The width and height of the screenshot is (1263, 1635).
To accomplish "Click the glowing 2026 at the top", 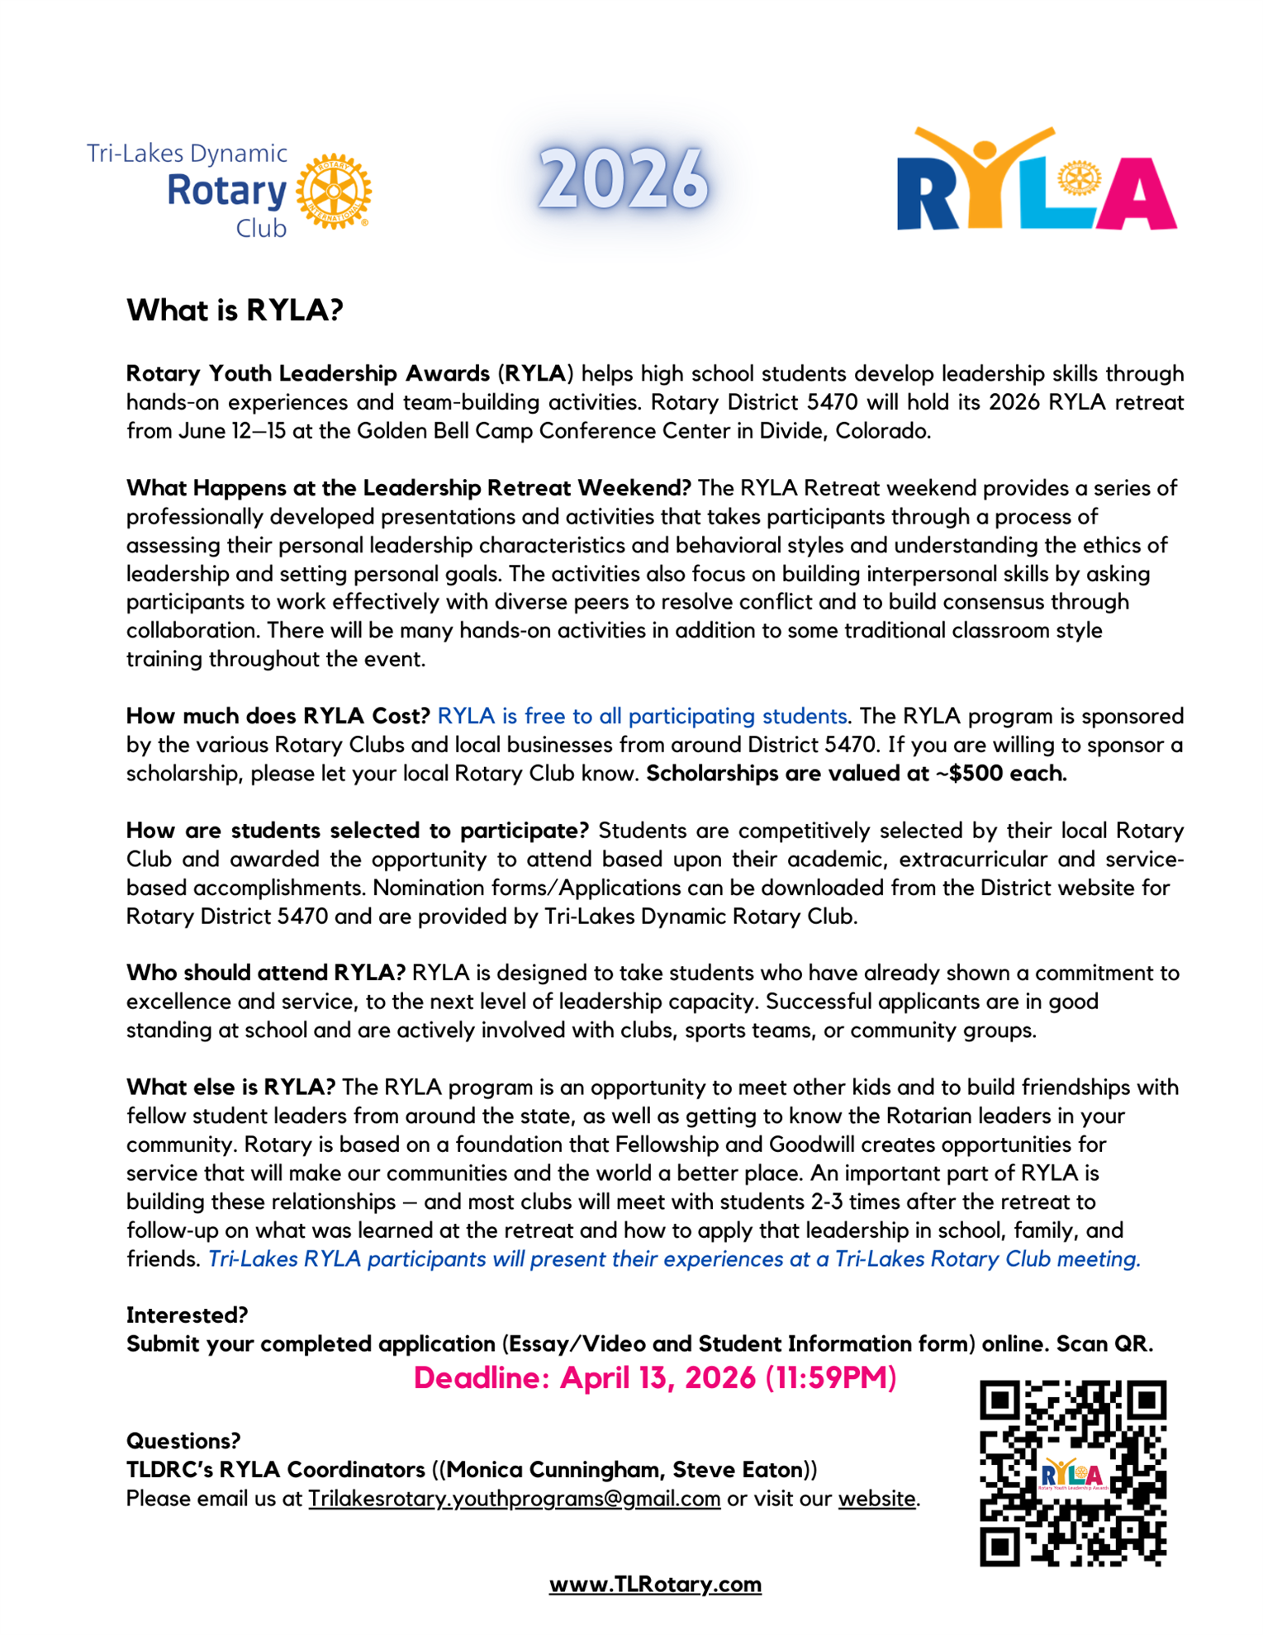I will pyautogui.click(x=624, y=179).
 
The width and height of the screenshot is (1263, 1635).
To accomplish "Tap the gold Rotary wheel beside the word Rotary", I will pyautogui.click(x=334, y=191).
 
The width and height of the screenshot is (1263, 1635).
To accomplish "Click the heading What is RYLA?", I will pyautogui.click(x=235, y=310).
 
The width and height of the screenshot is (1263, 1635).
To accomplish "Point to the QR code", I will pyautogui.click(x=1072, y=1472).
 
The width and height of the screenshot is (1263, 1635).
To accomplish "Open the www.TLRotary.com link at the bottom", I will pyautogui.click(x=655, y=1584).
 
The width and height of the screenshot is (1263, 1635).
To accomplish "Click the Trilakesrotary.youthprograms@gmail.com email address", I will pyautogui.click(x=514, y=1498).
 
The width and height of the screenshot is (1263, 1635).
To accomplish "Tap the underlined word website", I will pyautogui.click(x=876, y=1498).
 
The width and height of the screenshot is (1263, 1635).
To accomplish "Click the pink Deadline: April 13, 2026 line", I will pyautogui.click(x=654, y=1377).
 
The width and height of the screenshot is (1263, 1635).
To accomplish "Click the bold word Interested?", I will pyautogui.click(x=187, y=1315).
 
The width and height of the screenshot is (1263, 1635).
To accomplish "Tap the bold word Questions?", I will pyautogui.click(x=183, y=1441).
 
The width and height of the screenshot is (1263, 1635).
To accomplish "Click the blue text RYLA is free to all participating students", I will pyautogui.click(x=642, y=716).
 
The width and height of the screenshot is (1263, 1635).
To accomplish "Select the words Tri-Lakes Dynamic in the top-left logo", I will pyautogui.click(x=187, y=154).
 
